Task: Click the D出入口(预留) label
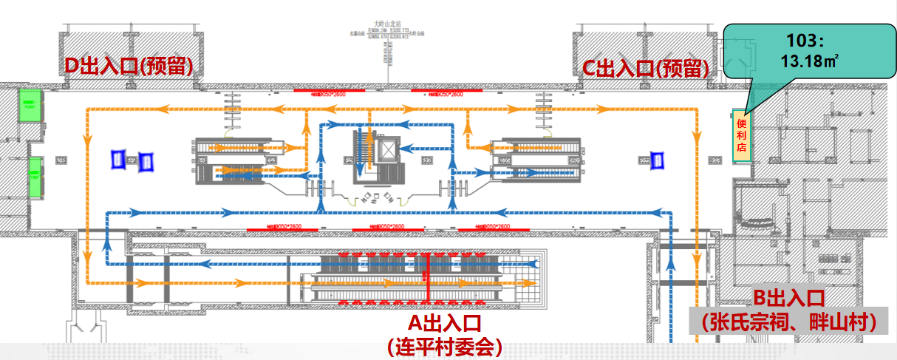coord(129,66)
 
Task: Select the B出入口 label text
coord(788,299)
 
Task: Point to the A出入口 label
coord(445,324)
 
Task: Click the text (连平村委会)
coord(444,345)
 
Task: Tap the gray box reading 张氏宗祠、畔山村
coord(789,322)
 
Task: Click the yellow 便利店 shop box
coord(741,135)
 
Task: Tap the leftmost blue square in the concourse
coord(117,158)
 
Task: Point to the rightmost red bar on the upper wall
coord(446,92)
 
